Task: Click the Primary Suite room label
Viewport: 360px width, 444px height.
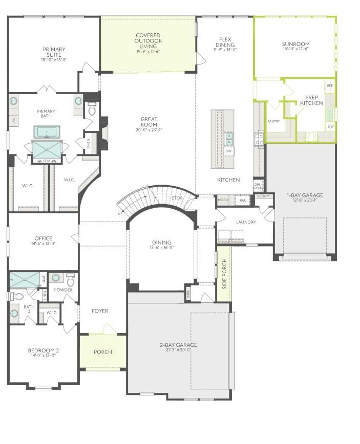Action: coord(54,52)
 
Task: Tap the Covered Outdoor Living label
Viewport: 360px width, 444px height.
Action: coord(149,40)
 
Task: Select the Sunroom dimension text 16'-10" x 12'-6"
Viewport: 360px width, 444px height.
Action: coord(295,50)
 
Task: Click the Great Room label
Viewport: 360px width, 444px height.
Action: coord(149,122)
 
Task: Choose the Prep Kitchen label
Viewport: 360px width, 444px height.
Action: coord(311,100)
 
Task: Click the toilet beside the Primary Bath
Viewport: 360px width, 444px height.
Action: coord(92,109)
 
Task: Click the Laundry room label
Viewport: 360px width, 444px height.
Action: coord(245,222)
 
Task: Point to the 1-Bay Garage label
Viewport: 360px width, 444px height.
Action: coord(305,195)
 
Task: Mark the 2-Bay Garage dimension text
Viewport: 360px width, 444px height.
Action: coord(178,350)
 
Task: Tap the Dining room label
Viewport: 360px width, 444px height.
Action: coord(161,242)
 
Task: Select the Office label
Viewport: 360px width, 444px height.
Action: coord(44,238)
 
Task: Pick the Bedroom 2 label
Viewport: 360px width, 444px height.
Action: coord(43,350)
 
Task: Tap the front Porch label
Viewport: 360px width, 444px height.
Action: coord(102,352)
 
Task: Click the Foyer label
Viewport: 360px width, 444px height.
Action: coord(100,310)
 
